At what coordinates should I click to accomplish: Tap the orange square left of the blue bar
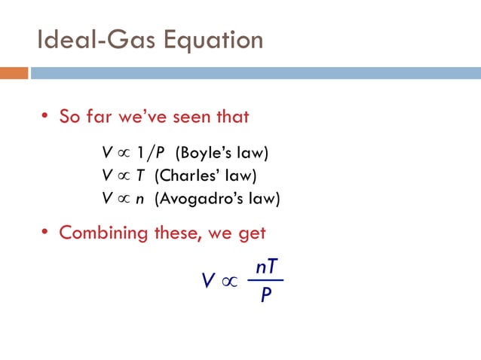[x=14, y=73]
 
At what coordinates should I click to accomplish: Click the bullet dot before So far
[x=44, y=117]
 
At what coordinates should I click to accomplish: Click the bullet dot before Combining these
[x=44, y=233]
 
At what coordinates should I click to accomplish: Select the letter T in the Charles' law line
[x=140, y=177]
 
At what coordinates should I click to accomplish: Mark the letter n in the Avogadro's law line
[x=140, y=200]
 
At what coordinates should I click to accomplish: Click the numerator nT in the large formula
[x=267, y=267]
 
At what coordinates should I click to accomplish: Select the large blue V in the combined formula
[x=207, y=282]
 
